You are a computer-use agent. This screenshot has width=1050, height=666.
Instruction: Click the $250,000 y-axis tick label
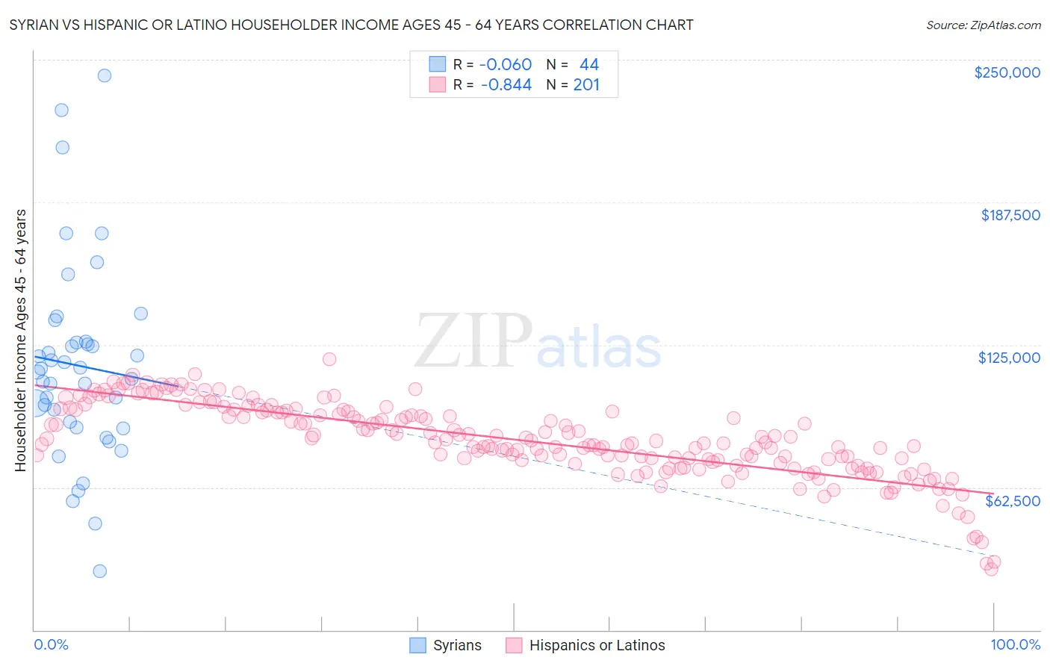point(1007,72)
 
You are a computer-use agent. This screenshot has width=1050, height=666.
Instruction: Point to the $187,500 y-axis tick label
point(1010,215)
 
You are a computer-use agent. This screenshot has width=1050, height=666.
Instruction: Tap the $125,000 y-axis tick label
point(1009,358)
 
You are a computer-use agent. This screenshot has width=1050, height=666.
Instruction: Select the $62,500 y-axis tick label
point(1013,501)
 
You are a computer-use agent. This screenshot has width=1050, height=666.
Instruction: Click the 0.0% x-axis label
point(51,645)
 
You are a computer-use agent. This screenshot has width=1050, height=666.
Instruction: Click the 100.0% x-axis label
point(1016,645)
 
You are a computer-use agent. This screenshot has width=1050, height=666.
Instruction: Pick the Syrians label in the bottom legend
point(457,646)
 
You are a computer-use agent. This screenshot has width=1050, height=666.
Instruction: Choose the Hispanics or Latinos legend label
point(597,646)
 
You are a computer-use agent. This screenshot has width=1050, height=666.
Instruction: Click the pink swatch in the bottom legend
point(514,646)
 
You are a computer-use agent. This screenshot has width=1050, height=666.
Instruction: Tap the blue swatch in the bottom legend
point(418,646)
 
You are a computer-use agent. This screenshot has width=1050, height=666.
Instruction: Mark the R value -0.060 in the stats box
point(506,65)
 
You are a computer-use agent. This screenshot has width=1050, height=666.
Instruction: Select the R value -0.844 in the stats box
point(506,85)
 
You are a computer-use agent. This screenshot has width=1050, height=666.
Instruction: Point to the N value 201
point(586,85)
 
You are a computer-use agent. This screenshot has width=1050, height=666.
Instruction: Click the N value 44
point(589,65)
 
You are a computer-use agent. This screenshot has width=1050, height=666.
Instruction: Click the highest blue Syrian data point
point(105,75)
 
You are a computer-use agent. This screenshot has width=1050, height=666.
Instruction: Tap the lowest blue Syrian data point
point(99,571)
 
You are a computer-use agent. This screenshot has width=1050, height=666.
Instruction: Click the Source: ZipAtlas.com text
point(983,25)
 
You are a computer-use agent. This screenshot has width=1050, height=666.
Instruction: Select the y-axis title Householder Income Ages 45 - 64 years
point(21,340)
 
